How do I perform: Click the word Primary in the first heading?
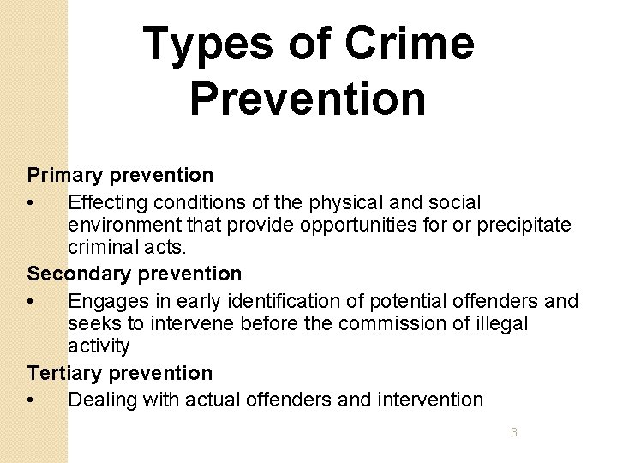[x=65, y=175]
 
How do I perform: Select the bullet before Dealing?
[x=31, y=400]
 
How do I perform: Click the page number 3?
[x=514, y=432]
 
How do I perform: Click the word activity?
[x=99, y=346]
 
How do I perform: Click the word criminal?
[x=102, y=248]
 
